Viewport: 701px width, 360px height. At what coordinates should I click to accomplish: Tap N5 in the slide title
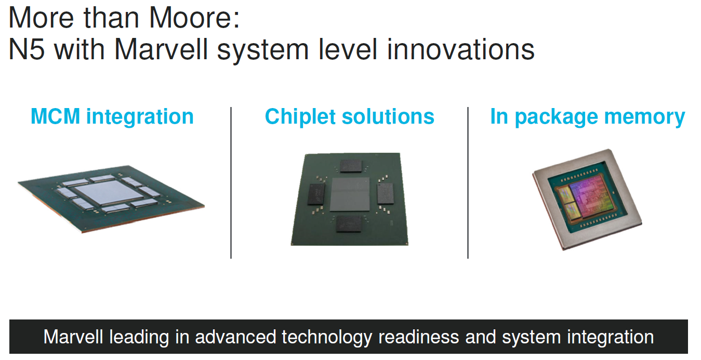(27, 49)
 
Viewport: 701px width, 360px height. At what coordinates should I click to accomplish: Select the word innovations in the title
(460, 49)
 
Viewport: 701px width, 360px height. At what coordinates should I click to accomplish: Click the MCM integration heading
(112, 117)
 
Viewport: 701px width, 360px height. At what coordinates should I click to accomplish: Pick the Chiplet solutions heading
(350, 117)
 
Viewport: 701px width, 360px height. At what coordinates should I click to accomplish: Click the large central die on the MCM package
(110, 192)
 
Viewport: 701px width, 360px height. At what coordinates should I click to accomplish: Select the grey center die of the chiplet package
(350, 194)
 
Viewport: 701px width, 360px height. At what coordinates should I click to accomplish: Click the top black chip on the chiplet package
(351, 166)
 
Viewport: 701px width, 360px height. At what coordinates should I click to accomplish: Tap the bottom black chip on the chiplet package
(349, 224)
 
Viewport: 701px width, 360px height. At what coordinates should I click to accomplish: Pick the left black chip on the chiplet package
(316, 194)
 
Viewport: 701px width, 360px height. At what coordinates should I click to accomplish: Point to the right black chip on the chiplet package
(385, 193)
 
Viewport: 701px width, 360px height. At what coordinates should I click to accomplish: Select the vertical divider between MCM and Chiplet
(231, 183)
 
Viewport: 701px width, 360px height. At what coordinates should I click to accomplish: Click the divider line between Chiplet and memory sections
(468, 183)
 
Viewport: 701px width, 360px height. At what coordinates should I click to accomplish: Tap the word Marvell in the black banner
(73, 337)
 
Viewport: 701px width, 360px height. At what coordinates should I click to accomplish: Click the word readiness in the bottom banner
(419, 337)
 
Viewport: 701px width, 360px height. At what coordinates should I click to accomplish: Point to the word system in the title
(263, 50)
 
